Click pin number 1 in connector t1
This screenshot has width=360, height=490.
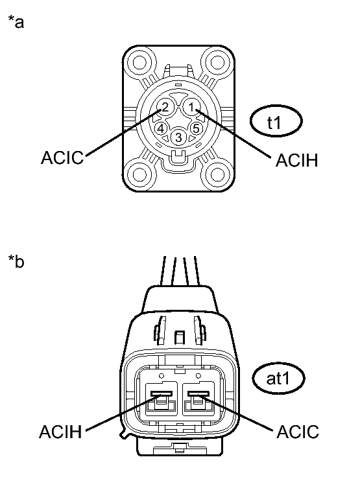point(191,107)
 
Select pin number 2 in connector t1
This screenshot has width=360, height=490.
point(165,107)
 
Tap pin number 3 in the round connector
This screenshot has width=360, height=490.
point(178,137)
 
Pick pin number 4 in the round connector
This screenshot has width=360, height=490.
point(161,128)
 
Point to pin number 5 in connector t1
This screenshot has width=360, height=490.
point(196,128)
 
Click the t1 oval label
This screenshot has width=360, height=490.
point(276,121)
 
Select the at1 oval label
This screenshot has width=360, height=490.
point(278,379)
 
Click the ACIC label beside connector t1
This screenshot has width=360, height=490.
point(62,157)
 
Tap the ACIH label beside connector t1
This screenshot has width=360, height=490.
point(296,160)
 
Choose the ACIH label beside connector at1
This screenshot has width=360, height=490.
point(60,432)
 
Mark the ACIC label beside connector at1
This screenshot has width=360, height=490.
point(298,432)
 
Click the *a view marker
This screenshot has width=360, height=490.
point(16,22)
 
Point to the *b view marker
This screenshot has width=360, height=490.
point(16,261)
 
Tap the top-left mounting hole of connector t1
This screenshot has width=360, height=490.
point(139,62)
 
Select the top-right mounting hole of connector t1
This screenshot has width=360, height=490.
point(217,62)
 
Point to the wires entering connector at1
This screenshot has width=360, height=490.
point(179,271)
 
